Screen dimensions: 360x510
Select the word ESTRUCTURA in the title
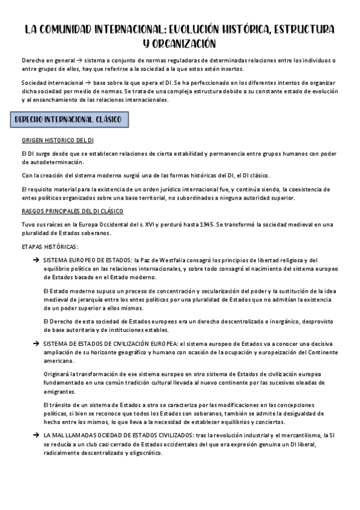(302, 29)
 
